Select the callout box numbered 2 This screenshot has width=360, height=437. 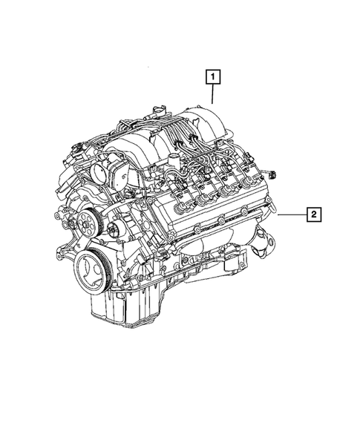[x=314, y=215]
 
